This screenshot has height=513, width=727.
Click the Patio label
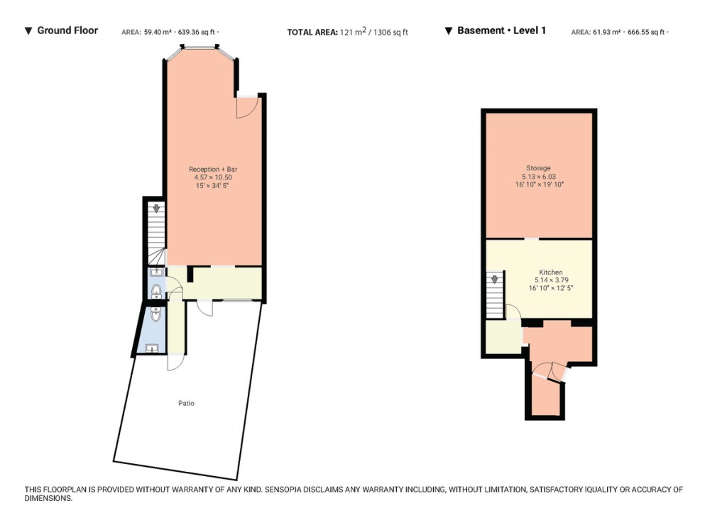pyautogui.click(x=187, y=403)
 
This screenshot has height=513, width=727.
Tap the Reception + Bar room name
pyautogui.click(x=213, y=169)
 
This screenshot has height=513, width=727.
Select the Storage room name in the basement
pyautogui.click(x=538, y=167)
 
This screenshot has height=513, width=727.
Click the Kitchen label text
pyautogui.click(x=551, y=272)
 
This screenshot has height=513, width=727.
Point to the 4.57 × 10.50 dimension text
pyautogui.click(x=213, y=177)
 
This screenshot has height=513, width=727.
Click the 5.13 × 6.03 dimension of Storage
pyautogui.click(x=539, y=176)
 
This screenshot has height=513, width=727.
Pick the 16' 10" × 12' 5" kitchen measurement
pyautogui.click(x=551, y=288)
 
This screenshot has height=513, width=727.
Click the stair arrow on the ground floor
pyautogui.click(x=157, y=208)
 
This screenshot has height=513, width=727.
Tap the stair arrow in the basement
pyautogui.click(x=495, y=279)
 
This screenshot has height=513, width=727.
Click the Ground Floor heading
pyautogui.click(x=67, y=31)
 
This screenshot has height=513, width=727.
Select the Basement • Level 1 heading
pyautogui.click(x=501, y=31)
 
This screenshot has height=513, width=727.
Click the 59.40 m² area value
pyautogui.click(x=158, y=32)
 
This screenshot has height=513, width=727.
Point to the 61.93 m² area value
pyautogui.click(x=606, y=32)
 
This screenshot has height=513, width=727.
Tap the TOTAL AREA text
pyautogui.click(x=312, y=32)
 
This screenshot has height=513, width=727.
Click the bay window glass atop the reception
pyautogui.click(x=199, y=46)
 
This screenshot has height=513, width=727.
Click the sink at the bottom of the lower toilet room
pyautogui.click(x=152, y=348)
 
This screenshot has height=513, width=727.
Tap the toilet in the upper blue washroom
pyautogui.click(x=156, y=291)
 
